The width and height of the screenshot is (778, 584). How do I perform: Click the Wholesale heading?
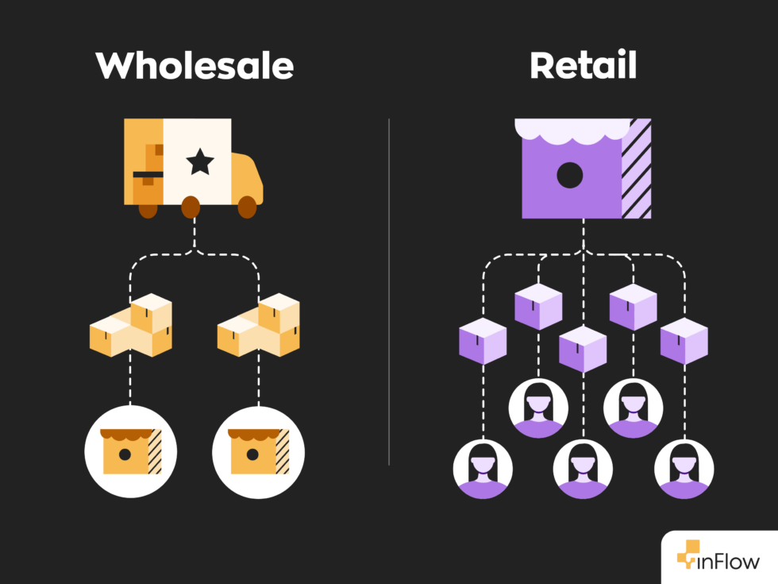(x=194, y=65)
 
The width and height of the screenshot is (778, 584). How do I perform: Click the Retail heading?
(x=583, y=65)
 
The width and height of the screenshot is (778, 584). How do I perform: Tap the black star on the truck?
(x=199, y=162)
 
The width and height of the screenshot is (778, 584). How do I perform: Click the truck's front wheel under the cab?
(x=247, y=207)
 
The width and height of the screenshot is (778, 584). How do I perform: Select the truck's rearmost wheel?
(x=148, y=209)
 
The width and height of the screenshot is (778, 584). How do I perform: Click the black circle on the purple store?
(x=569, y=175)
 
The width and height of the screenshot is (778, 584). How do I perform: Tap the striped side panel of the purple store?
(x=636, y=171)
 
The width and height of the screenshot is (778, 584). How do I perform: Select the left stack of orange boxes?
(x=132, y=326)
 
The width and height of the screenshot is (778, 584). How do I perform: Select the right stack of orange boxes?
(x=260, y=326)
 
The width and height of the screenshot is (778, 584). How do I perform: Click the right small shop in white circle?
(x=259, y=451)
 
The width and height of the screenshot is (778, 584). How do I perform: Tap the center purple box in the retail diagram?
(x=583, y=349)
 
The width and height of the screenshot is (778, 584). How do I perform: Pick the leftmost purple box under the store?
(x=483, y=341)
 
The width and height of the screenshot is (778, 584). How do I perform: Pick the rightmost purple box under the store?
(x=684, y=341)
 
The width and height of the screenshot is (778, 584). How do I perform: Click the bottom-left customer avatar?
(x=483, y=469)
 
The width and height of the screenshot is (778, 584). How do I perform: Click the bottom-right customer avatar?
(x=684, y=469)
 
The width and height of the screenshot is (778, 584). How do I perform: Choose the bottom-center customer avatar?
(x=583, y=469)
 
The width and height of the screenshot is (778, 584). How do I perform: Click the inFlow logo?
(x=718, y=559)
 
